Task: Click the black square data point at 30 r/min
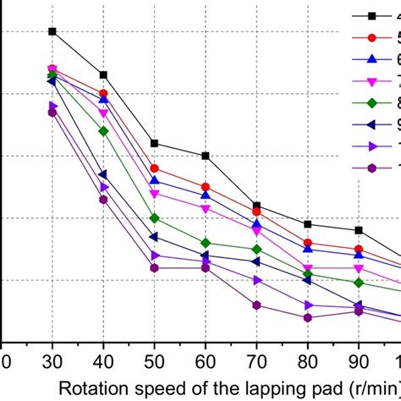coord(52,31)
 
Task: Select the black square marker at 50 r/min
coord(154,143)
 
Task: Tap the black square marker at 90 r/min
coord(359,230)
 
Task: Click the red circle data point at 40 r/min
coord(103,94)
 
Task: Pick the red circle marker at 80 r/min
coord(308,244)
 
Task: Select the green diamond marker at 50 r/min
coord(154,218)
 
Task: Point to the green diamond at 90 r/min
coord(359,283)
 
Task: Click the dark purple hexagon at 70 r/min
coord(256,305)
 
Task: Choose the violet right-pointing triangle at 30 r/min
coord(52,106)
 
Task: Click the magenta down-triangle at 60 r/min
coord(206,208)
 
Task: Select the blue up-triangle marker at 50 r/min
coord(154,180)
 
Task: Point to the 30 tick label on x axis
coord(52,360)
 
